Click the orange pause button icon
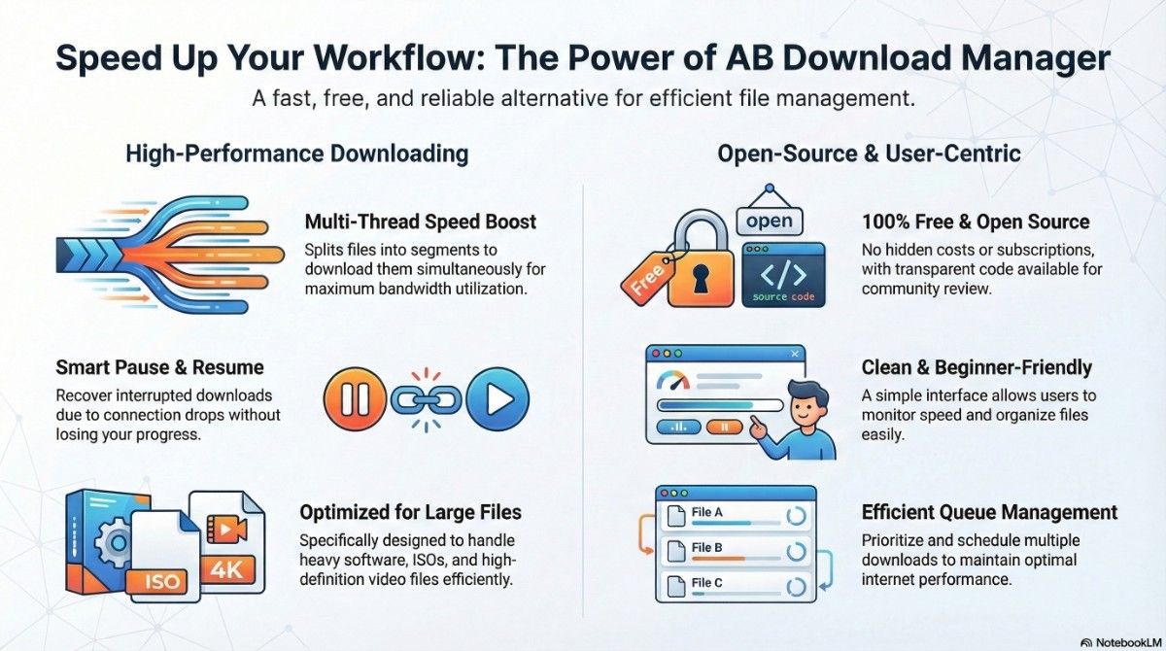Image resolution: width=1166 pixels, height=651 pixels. (x=355, y=400)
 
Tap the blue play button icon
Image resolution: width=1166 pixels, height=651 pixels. (x=497, y=400)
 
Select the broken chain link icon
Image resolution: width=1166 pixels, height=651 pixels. (x=425, y=399)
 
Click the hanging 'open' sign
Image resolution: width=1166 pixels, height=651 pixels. (x=770, y=220)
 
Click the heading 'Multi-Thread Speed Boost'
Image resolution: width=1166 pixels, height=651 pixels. (x=419, y=222)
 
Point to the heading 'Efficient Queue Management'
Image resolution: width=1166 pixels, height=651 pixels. (x=989, y=512)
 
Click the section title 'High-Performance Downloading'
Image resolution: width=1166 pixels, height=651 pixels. (x=296, y=154)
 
